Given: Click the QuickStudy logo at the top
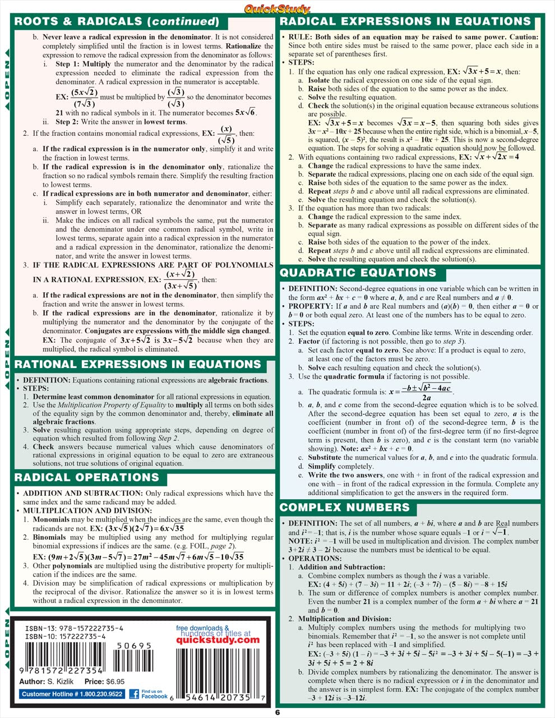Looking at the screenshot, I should point(277,8).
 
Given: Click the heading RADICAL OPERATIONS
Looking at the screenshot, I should point(87,478).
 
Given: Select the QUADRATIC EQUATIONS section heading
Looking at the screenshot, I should point(358,273).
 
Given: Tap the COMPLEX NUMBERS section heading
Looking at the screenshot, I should point(345,508).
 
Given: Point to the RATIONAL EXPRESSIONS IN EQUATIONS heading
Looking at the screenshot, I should point(138,364).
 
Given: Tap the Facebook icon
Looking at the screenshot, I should point(135,694).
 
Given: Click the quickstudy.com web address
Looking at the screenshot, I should point(218,640).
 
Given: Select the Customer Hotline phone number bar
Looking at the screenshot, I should point(72,694).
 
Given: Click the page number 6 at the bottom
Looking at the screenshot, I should point(277,713).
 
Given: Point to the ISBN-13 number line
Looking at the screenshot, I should point(74,629).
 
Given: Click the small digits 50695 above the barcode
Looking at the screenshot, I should point(133,646).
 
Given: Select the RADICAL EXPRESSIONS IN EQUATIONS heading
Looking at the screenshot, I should point(405,22).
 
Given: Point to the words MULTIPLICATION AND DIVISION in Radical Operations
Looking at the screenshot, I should point(87,510).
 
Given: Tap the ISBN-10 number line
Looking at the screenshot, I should point(66,637).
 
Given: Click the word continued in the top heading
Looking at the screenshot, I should point(183,22).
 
